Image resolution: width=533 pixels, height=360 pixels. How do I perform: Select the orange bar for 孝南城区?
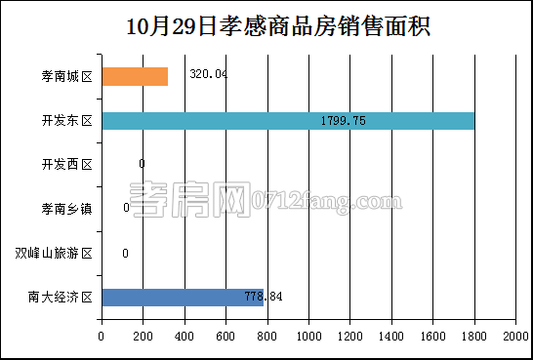[x=135, y=76]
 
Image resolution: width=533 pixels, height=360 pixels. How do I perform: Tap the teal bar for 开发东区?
[x=288, y=121]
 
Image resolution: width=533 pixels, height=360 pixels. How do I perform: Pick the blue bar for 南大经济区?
[x=182, y=298]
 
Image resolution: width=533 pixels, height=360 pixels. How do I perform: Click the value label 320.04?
[x=208, y=74]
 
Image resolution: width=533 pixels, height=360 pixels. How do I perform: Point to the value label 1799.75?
[x=343, y=121]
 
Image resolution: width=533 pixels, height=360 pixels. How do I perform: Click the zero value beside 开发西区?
[x=142, y=164]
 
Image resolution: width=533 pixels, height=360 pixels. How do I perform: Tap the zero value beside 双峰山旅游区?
[x=125, y=254]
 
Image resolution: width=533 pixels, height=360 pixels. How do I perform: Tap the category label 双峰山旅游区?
[x=54, y=254]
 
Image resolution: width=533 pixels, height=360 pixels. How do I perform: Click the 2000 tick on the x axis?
[x=515, y=336]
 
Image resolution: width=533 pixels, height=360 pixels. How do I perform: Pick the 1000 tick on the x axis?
[x=308, y=336]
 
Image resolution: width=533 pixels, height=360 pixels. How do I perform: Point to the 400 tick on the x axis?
[x=184, y=336]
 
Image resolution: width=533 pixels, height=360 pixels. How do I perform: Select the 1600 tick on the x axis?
[x=432, y=336]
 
